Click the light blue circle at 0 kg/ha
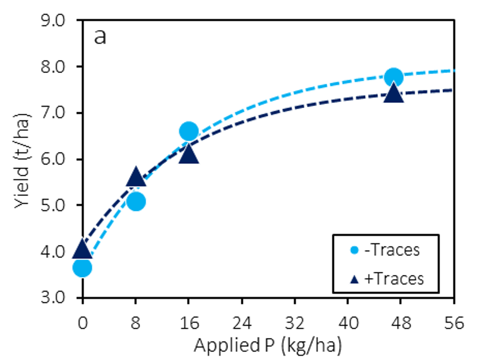82,267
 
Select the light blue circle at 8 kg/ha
135,201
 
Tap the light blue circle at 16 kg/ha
189,131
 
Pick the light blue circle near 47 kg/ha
394,77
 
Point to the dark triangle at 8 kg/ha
135,178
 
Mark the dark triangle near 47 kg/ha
394,94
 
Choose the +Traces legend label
394,278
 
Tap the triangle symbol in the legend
353,279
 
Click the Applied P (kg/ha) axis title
268,346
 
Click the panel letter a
100,37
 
